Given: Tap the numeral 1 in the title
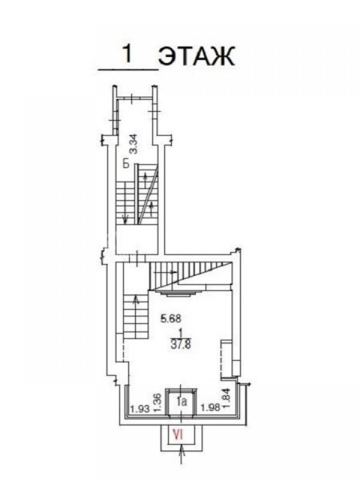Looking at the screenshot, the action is coord(128,53).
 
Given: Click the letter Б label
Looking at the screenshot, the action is coord(126,163).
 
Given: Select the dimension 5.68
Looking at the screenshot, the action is coord(171,319).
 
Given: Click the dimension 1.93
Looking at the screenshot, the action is coord(140,409).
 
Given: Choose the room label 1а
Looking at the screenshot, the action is coord(182,401).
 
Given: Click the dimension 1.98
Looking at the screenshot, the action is coord(211,407).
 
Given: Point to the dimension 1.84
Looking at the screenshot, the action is coord(227,398).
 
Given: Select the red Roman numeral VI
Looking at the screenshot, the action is coord(178,434).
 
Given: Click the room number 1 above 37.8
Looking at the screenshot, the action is coord(181,333).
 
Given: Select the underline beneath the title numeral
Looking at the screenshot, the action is coord(128,70).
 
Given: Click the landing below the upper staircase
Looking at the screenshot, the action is coord(137,239).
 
